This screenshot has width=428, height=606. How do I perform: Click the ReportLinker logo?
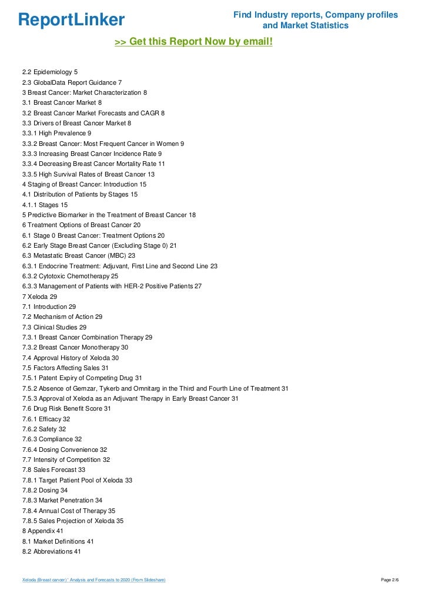tap(71, 20)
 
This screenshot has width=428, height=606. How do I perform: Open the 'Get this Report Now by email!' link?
tap(193, 42)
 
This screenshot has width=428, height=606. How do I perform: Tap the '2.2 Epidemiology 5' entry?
tap(50, 72)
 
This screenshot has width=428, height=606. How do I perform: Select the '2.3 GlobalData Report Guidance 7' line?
tap(72, 83)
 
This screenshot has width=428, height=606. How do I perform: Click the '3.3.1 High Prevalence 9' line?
tap(56, 134)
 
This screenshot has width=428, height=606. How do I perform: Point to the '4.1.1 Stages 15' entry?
tap(45, 205)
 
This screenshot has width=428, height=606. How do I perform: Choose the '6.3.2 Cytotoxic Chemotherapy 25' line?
tap(70, 276)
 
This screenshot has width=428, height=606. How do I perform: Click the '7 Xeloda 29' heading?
tap(39, 297)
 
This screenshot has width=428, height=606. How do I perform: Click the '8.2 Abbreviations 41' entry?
tap(52, 551)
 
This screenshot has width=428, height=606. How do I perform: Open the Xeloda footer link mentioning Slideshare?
tap(93, 580)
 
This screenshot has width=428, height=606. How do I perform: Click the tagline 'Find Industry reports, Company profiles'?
tap(316, 15)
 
